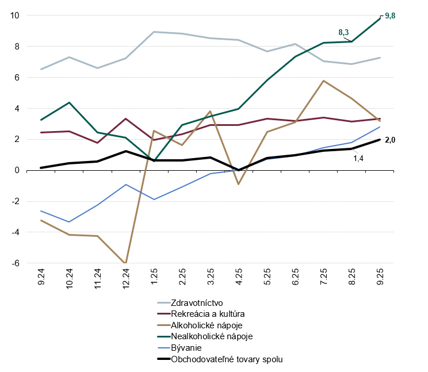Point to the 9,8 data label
tap(389, 16)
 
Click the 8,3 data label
tap(344, 33)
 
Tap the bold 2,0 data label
tap(389, 140)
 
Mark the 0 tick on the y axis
tap(16, 170)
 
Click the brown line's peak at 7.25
tap(323, 80)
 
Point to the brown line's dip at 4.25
tap(239, 184)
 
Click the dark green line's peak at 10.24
tap(69, 102)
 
